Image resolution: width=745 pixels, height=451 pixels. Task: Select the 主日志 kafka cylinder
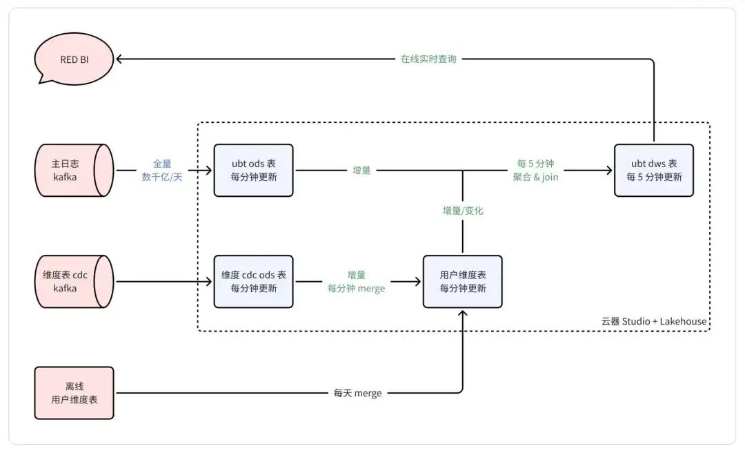click(72, 170)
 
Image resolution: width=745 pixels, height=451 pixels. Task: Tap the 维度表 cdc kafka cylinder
click(72, 281)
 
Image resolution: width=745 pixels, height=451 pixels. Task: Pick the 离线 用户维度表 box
click(74, 393)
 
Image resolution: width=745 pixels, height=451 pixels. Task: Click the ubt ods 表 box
click(253, 170)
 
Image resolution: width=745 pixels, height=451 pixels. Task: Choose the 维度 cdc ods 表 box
click(253, 281)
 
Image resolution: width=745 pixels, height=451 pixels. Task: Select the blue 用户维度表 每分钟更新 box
click(462, 281)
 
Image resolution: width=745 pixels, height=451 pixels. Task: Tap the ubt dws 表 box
click(653, 170)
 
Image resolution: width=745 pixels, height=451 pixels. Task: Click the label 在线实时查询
click(428, 59)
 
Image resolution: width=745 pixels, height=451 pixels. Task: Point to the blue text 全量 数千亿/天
click(162, 170)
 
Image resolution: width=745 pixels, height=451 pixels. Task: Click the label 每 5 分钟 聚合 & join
click(535, 170)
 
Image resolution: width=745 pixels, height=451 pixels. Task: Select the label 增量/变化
click(463, 211)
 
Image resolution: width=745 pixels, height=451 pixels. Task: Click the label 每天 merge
click(357, 393)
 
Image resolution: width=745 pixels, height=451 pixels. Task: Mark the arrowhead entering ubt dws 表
click(608, 170)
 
